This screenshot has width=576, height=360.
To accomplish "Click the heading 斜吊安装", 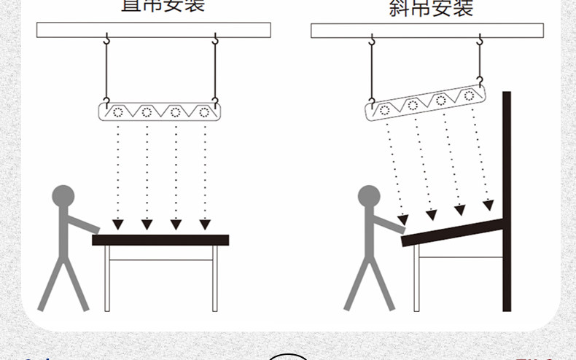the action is pos(431,8).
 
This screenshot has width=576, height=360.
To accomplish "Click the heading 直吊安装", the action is pos(163,5).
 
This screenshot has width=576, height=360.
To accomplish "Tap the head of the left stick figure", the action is pos(63,196).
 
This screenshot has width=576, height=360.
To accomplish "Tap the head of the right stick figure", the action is pos(369,196).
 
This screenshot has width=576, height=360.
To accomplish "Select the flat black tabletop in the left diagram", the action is pos(160,240).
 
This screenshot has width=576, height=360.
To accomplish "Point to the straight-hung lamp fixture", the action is pos(160,111).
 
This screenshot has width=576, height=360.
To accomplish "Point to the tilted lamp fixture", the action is pos(427,103).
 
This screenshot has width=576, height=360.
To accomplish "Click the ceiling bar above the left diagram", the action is pos(154,30).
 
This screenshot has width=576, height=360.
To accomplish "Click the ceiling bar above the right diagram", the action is pos(427,31).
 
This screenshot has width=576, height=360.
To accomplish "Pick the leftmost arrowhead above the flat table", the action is pos(117,224).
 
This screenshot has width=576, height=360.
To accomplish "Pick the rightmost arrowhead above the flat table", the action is pos(205,224).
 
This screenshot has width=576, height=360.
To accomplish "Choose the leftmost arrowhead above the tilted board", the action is pos(402,219).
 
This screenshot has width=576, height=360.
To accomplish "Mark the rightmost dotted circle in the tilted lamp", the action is pos(469,95).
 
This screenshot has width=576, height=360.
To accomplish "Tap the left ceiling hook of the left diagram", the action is pos(106,40).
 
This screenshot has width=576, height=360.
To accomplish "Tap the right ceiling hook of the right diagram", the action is pos(480,42).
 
